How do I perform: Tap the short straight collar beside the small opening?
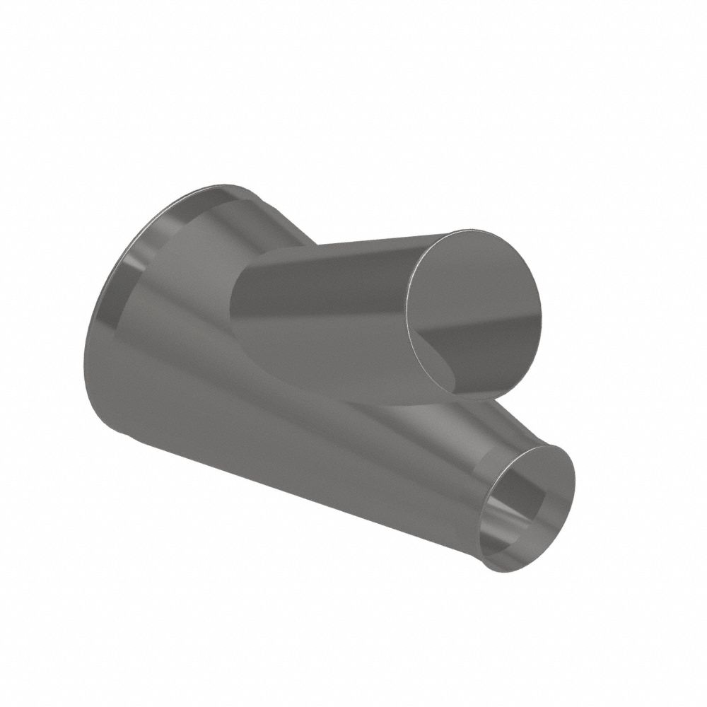tap(495, 460)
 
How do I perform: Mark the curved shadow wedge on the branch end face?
tap(438, 361)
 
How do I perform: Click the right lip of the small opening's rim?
tap(571, 488)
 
